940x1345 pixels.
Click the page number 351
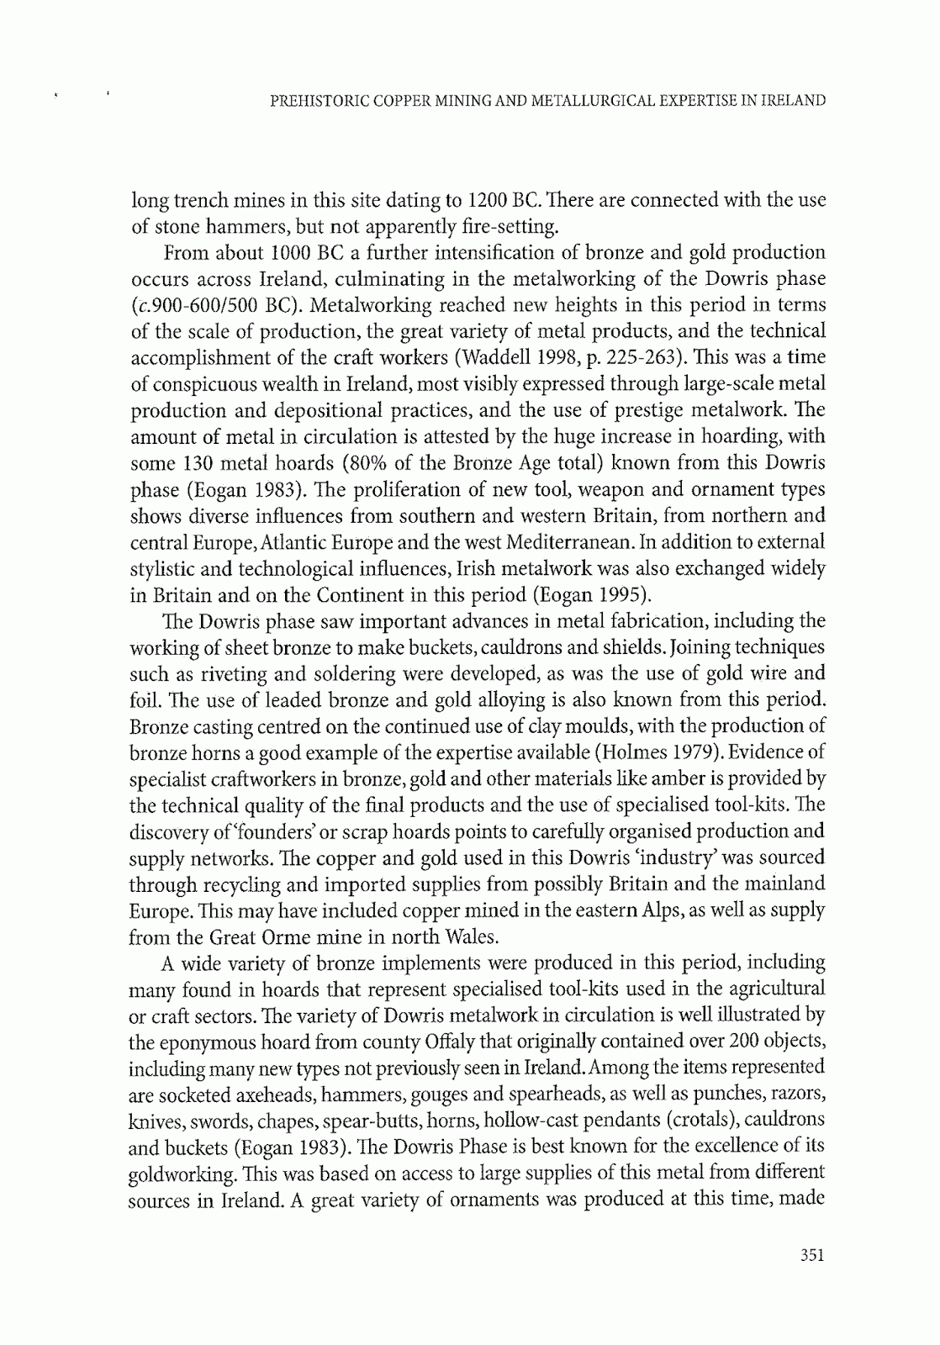[x=811, y=1256]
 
